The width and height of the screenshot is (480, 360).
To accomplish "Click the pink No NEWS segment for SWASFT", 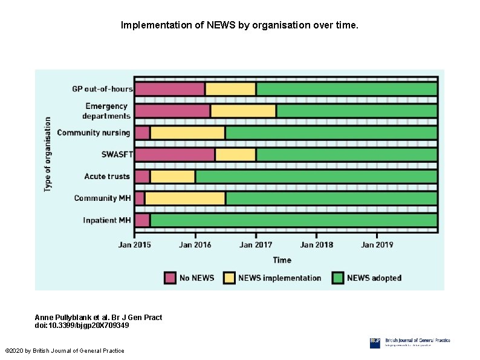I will click(175, 154).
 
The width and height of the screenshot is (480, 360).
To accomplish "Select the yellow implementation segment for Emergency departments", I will click(243, 111).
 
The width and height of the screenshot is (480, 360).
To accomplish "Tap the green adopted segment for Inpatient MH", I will click(293, 220).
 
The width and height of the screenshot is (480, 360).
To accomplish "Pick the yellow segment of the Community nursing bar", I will click(187, 133).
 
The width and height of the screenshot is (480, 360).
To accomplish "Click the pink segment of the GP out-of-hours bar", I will click(169, 89).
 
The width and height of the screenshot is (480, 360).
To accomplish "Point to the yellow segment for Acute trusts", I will click(172, 176).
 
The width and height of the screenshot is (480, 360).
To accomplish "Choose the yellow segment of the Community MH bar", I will click(185, 198).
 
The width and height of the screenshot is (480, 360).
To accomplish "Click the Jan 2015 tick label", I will click(135, 244).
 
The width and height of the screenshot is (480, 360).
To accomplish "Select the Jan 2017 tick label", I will click(256, 244).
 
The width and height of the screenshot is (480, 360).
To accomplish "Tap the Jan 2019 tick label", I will click(377, 244).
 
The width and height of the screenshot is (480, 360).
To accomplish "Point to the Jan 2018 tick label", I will click(316, 244).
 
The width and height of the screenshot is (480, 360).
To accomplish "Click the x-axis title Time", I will click(282, 260).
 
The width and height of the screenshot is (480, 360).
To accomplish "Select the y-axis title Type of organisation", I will click(48, 154).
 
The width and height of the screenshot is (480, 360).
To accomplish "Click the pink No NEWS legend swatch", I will click(170, 278).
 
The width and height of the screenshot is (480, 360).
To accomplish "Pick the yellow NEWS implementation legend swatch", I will click(229, 278).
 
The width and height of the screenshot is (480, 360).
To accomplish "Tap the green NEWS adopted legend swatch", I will click(337, 278).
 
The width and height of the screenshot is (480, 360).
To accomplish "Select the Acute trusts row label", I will click(107, 176).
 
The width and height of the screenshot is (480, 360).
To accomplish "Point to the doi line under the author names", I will click(82, 326).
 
